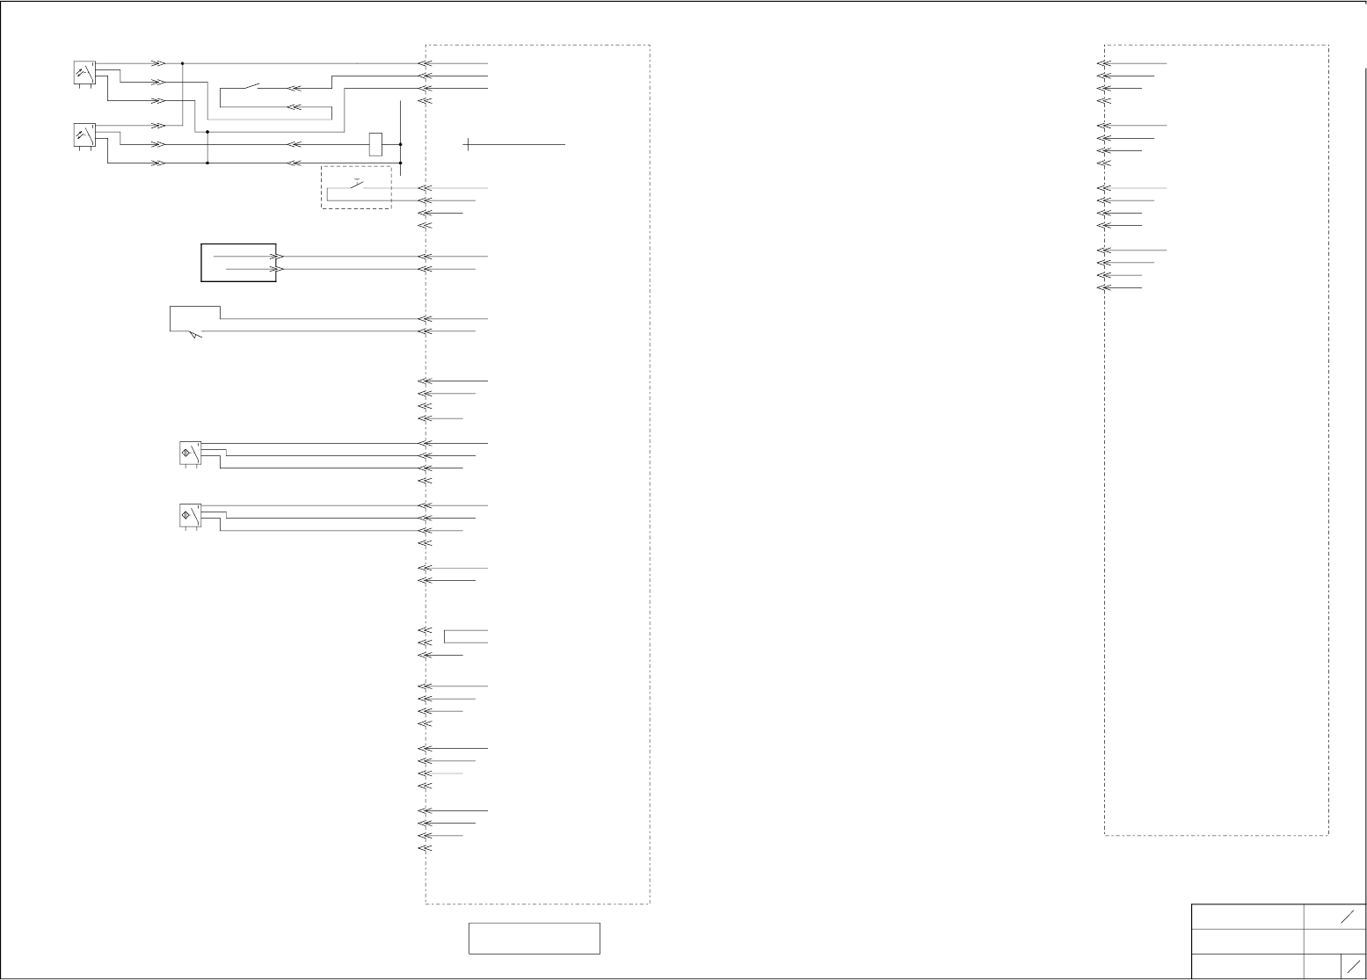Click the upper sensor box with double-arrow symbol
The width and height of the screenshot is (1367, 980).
[84, 72]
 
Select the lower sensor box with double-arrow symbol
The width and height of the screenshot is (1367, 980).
[84, 135]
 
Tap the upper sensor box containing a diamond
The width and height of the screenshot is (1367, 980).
[189, 453]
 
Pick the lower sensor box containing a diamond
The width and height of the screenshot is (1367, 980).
[189, 516]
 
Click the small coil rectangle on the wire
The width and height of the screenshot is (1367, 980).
[375, 144]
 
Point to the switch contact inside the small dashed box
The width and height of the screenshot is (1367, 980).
[358, 186]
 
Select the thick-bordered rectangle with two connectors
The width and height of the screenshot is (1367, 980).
[238, 263]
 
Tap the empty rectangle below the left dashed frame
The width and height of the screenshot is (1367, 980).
[534, 938]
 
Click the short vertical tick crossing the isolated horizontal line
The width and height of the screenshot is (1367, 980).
[468, 144]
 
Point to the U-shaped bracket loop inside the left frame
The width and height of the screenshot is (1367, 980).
[447, 637]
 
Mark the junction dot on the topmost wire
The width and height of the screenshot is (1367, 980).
[182, 63]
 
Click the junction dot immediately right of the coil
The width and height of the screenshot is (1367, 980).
[400, 144]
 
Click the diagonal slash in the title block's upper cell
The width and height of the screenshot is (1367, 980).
[1347, 917]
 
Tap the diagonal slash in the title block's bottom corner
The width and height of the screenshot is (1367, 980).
[1353, 966]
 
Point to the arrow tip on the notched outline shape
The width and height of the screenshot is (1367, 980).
[197, 336]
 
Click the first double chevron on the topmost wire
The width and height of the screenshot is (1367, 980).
[158, 63]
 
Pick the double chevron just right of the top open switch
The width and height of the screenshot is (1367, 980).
[294, 88]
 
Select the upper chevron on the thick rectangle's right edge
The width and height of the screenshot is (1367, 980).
[278, 257]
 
